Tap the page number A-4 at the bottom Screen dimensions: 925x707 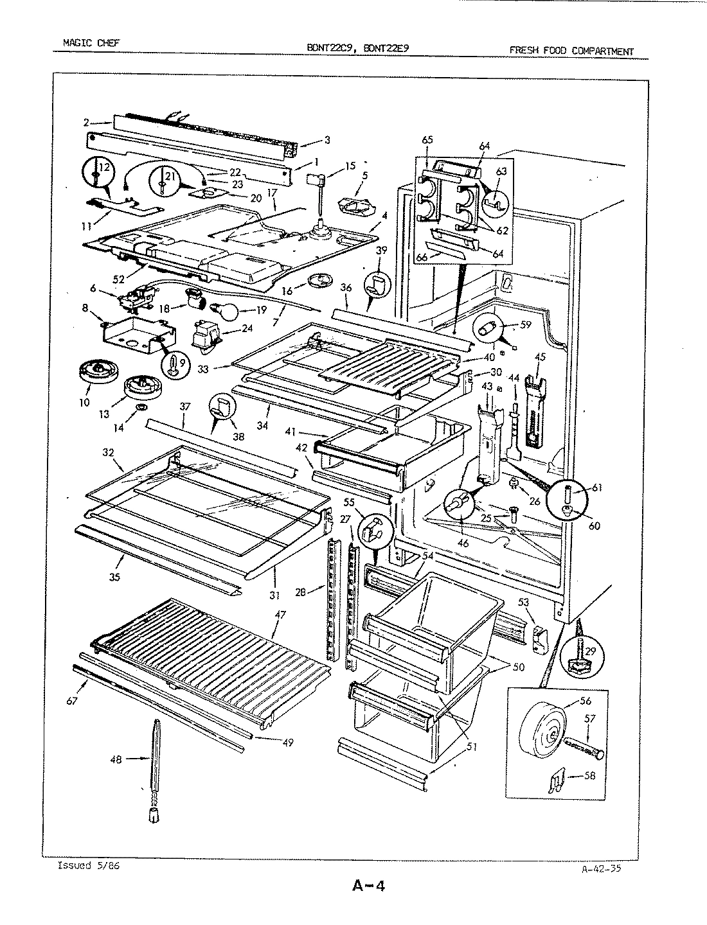(x=368, y=887)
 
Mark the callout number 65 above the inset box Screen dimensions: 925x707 (x=427, y=139)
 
